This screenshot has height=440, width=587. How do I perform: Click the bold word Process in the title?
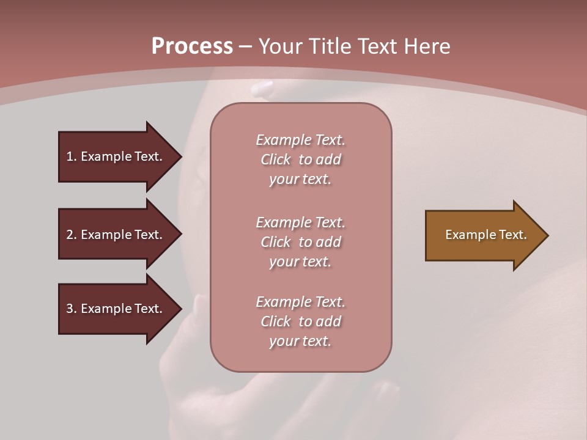(192, 46)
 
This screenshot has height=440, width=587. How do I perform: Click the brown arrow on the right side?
(483, 235)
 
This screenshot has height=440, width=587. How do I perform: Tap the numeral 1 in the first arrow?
(70, 156)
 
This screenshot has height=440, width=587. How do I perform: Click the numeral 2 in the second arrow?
(70, 235)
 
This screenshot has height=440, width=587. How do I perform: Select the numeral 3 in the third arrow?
(70, 309)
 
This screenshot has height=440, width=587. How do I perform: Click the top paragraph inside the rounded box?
(300, 159)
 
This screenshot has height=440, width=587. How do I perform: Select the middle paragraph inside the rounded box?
(300, 242)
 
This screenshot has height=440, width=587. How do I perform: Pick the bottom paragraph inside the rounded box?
(300, 321)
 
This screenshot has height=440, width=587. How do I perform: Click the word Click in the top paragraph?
(275, 159)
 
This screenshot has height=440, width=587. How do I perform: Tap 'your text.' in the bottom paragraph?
(300, 341)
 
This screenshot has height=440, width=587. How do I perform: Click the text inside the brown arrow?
(485, 235)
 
